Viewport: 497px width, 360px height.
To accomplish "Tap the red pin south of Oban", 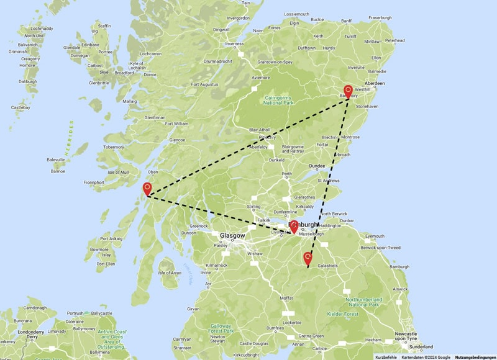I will tap(147, 189).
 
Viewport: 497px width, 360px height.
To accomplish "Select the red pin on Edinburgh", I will tap(294, 227).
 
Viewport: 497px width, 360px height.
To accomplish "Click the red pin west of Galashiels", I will tap(308, 258).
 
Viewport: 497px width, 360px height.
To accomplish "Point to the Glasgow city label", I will tap(233, 236).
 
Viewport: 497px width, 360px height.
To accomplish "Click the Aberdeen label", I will tap(375, 83).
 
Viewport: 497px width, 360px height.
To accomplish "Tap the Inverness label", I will tap(234, 44).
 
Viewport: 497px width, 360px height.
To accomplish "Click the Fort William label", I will tap(176, 124).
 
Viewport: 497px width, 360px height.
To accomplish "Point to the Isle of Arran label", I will tap(170, 273).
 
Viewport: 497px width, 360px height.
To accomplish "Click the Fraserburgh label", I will tap(380, 18).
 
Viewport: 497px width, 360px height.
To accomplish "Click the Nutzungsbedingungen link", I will tap(475, 357).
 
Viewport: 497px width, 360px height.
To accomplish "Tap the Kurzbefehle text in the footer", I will tap(386, 357).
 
